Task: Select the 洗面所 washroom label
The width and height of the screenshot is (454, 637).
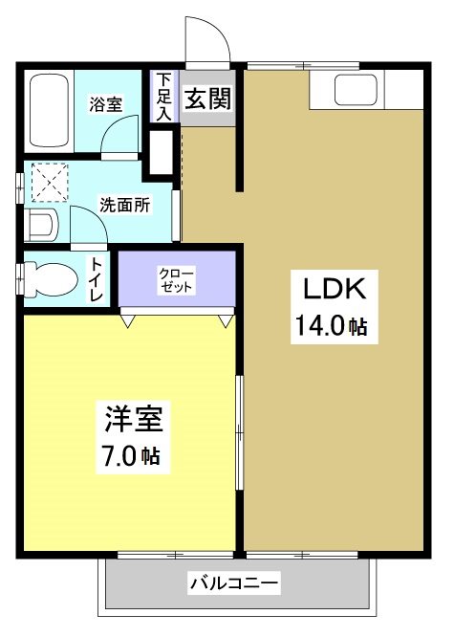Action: tap(124, 204)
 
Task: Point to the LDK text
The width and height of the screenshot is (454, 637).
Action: tap(330, 288)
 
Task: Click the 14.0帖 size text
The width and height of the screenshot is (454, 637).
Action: tap(331, 327)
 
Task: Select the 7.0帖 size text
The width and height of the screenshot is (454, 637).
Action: tap(131, 456)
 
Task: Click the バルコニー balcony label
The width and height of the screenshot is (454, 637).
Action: tap(233, 582)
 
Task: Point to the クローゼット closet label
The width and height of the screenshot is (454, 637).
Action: tap(176, 279)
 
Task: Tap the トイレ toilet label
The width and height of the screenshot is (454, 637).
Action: tap(97, 280)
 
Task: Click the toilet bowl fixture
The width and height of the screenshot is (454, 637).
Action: tap(53, 278)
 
